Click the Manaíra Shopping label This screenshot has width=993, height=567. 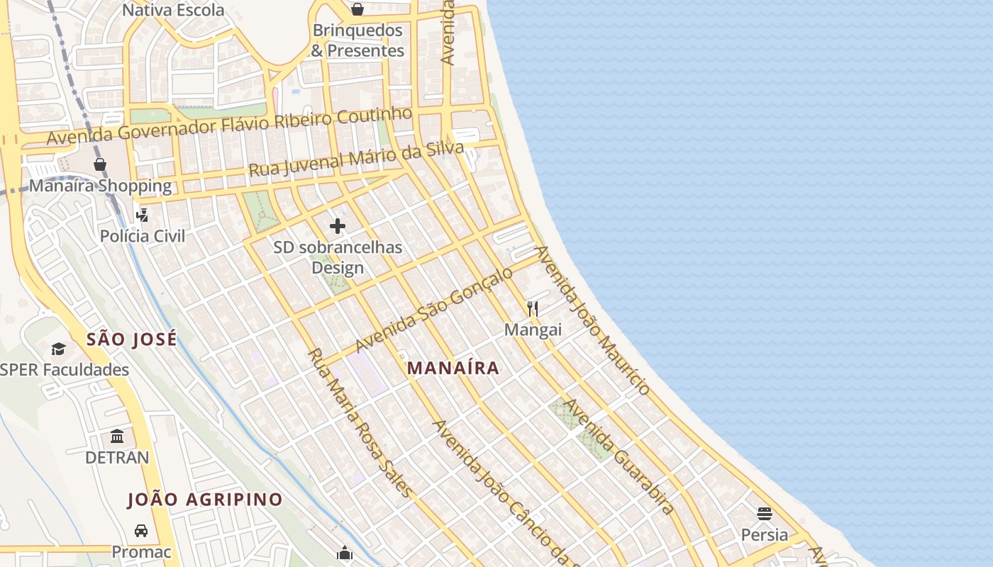pos(100,186)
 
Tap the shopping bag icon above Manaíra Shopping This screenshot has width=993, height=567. pos(100,164)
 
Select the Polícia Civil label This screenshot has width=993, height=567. pos(143,236)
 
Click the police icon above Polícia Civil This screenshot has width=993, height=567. pos(143,214)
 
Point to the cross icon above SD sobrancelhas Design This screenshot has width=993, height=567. pos(338,226)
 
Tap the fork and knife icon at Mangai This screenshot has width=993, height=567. pos(533,308)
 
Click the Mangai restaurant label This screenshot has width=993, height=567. pos(533,330)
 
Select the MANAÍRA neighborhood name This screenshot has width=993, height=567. pos(453,368)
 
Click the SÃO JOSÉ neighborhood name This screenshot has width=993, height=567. pos(132,339)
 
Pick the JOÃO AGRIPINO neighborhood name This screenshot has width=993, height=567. pos(205,500)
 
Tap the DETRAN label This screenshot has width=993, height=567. pos(117,458)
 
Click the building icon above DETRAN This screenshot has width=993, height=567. pos(117,436)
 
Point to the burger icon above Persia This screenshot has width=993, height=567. pos(764,513)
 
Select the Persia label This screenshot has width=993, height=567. pos(764,534)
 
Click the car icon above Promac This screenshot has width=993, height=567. pos(141,530)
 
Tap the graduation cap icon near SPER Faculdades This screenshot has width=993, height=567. pos(58,349)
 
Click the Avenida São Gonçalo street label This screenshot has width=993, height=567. pos(433,309)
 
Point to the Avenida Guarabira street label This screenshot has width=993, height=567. pos(618,456)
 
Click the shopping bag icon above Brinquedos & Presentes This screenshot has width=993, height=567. pos(357,9)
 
